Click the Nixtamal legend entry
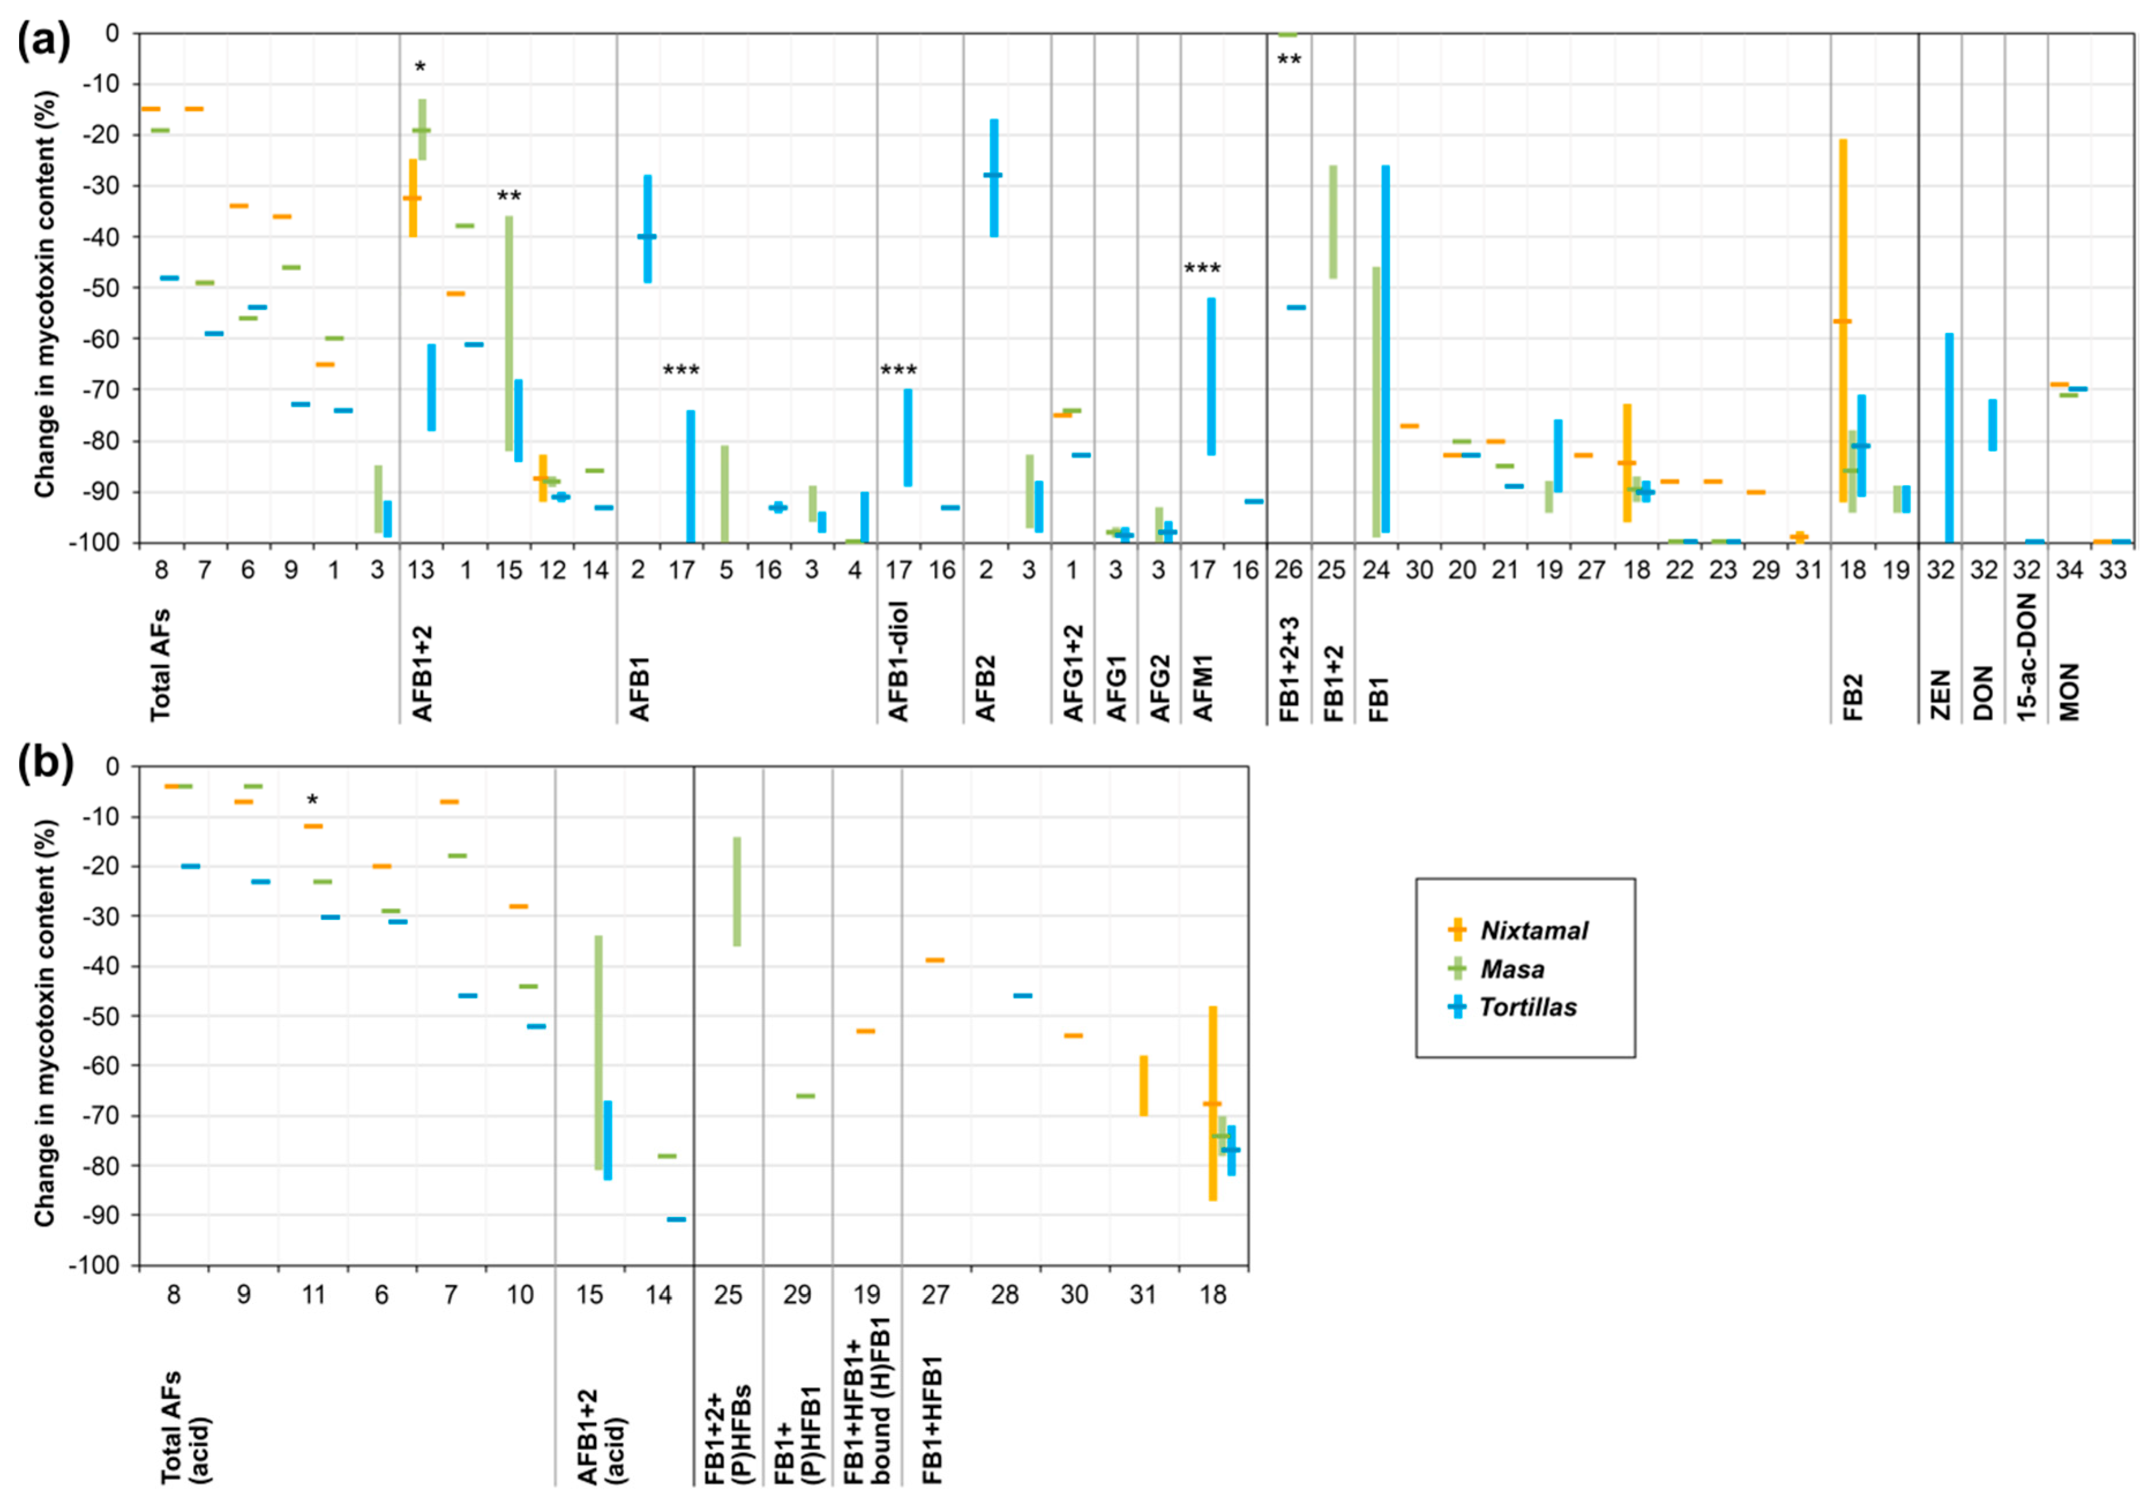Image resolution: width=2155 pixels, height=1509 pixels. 1532,930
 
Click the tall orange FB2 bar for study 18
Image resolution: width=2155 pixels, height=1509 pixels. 1842,319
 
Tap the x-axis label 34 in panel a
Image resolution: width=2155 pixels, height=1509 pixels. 2070,570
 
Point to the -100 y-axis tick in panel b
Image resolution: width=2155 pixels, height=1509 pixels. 94,1265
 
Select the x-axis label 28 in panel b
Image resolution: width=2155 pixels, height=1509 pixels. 1005,1295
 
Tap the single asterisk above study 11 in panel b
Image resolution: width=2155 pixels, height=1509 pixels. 313,800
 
